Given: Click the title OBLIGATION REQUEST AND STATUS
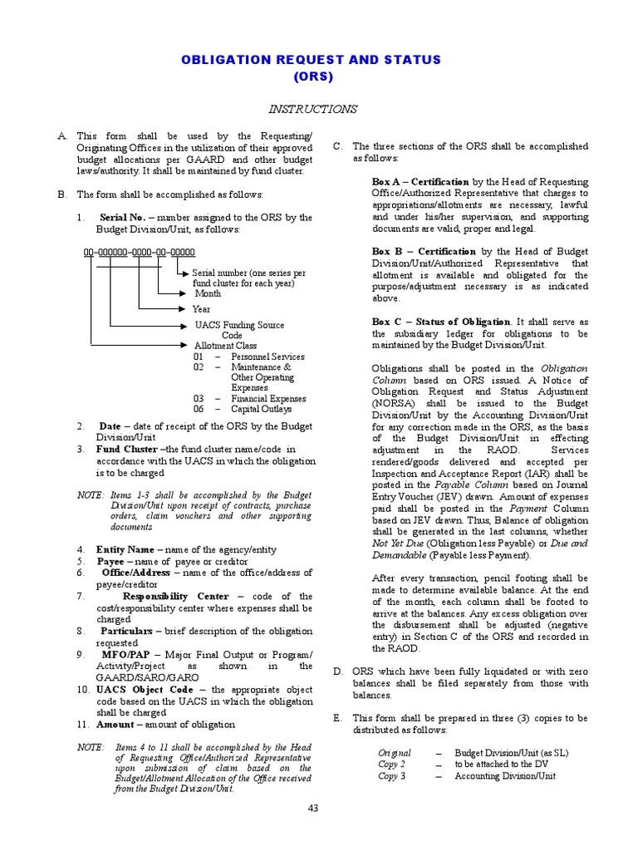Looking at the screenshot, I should pyautogui.click(x=312, y=60).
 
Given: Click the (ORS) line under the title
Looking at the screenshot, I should pyautogui.click(x=312, y=76).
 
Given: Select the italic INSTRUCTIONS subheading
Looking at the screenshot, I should pyautogui.click(x=312, y=109).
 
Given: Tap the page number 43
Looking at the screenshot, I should pyautogui.click(x=312, y=808).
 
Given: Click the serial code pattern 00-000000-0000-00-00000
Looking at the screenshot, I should pyautogui.click(x=139, y=250).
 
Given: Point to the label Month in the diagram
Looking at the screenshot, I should pyautogui.click(x=208, y=293).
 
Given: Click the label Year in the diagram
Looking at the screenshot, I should pyautogui.click(x=201, y=309).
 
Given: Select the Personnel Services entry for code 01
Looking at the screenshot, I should pyautogui.click(x=267, y=357).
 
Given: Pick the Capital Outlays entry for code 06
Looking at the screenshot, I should pyautogui.click(x=261, y=409).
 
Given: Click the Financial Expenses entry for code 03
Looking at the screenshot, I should pyautogui.click(x=267, y=398).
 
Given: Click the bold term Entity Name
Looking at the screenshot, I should pyautogui.click(x=125, y=549).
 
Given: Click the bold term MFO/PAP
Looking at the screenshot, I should pyautogui.click(x=123, y=654).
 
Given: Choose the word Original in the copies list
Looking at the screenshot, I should pyautogui.click(x=394, y=753).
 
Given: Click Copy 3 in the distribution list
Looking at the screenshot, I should pyautogui.click(x=392, y=776).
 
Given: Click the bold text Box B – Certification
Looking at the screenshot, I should pyautogui.click(x=424, y=251).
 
